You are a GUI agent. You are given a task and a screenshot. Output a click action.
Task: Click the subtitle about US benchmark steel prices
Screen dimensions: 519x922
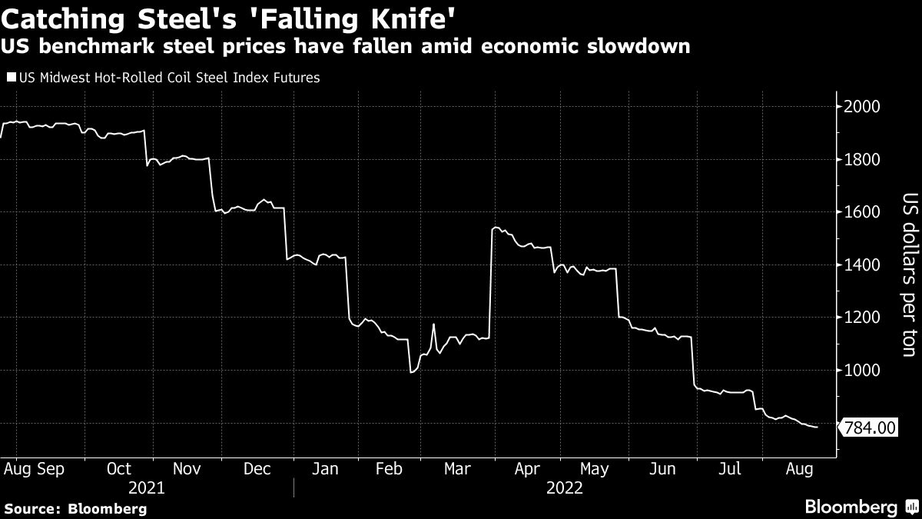(x=346, y=47)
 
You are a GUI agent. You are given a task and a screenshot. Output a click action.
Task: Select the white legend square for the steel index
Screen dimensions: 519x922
(x=10, y=78)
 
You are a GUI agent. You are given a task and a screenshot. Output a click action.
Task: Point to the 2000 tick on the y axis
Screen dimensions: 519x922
(x=862, y=107)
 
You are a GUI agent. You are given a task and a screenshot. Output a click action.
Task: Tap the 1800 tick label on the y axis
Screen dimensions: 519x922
(x=862, y=160)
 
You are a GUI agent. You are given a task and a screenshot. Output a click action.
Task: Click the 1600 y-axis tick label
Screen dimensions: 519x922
(x=862, y=212)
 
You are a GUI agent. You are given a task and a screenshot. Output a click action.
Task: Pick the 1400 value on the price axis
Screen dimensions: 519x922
(x=862, y=265)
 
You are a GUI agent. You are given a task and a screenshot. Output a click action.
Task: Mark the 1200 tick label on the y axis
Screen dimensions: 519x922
(x=862, y=318)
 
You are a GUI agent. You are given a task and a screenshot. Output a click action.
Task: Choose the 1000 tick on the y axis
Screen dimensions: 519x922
(x=862, y=371)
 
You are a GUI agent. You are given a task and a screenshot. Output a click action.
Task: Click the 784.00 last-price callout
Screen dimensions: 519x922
(x=870, y=428)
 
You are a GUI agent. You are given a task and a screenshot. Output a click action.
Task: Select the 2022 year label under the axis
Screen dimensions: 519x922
(x=565, y=487)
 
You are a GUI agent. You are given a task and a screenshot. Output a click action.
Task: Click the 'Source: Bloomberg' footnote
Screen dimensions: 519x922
(x=75, y=508)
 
